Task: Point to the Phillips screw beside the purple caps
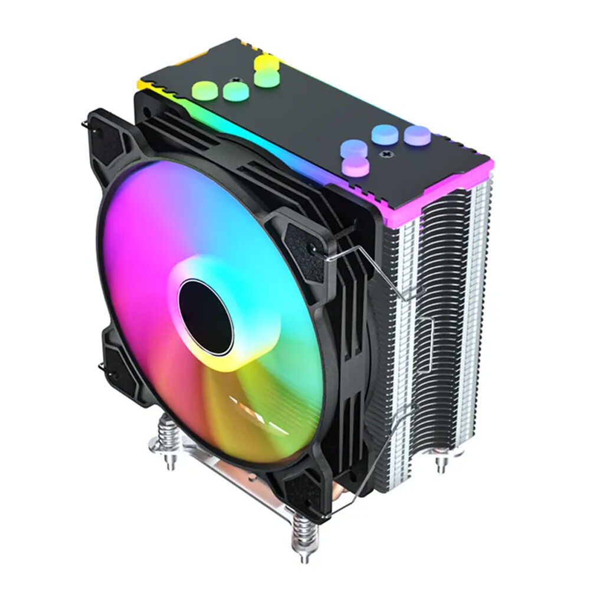pos(388,155)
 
